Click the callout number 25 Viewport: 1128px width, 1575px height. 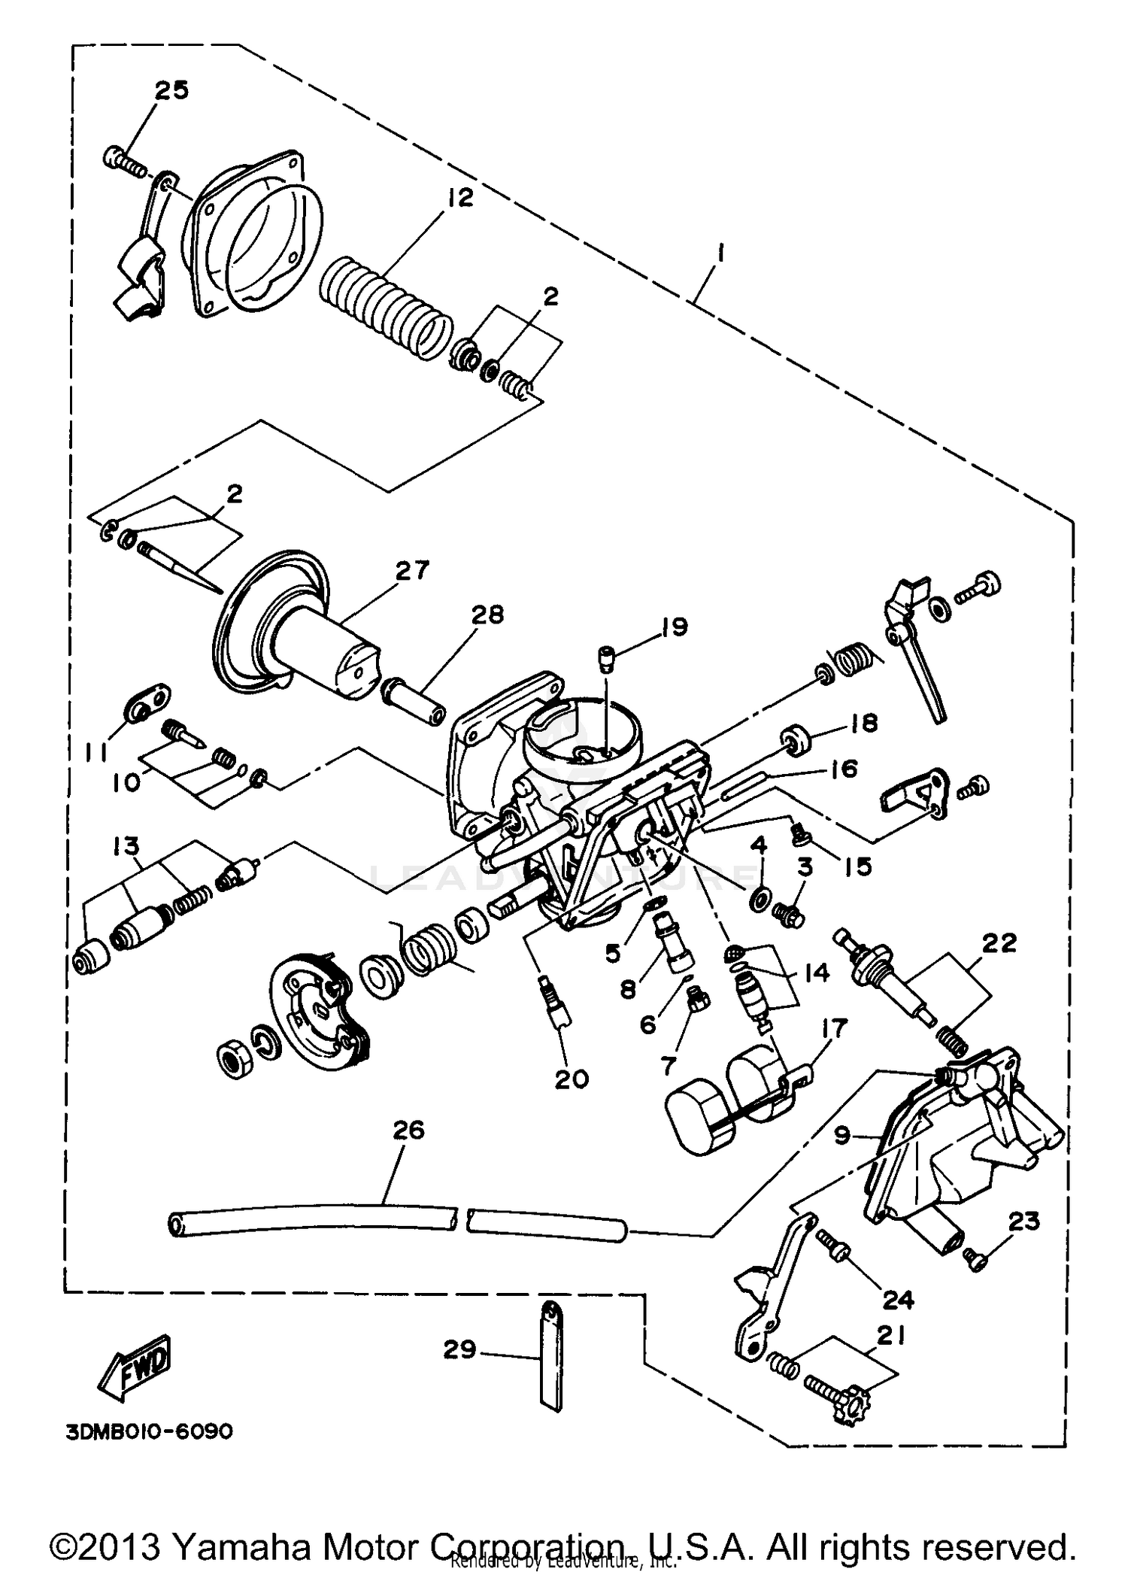point(171,90)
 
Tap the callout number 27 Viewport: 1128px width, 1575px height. point(411,569)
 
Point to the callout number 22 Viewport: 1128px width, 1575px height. point(998,942)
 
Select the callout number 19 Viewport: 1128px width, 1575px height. point(674,627)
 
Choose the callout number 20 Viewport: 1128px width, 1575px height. point(572,1079)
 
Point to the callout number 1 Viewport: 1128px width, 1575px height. point(720,256)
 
